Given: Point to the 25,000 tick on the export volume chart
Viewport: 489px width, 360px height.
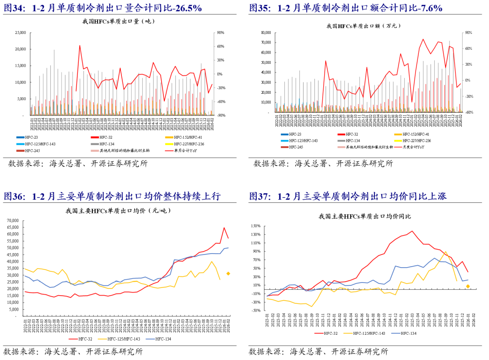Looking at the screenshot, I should click(x=20, y=33).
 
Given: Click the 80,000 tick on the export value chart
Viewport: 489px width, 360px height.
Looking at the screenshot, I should click(x=264, y=33).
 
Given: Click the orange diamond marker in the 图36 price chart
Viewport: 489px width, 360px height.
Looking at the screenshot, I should click(x=228, y=274).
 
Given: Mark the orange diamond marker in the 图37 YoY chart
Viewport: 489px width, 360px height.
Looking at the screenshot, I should click(x=468, y=286).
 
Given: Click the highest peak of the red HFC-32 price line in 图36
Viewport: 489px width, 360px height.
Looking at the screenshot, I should click(x=224, y=228).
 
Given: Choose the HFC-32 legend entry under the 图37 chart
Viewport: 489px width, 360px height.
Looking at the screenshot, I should click(x=331, y=333).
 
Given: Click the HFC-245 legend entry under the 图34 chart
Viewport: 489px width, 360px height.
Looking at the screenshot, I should click(x=32, y=150).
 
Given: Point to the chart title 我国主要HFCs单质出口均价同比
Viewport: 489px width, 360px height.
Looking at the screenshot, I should click(x=364, y=217).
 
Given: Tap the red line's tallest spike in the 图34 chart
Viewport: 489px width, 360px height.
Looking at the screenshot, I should click(x=80, y=45).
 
